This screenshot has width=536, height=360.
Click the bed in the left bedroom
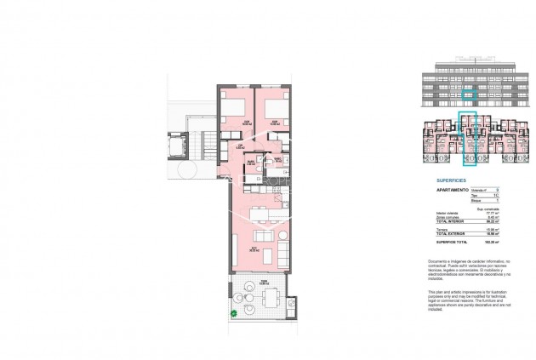[234, 109]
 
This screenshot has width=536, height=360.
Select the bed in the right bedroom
[271, 109]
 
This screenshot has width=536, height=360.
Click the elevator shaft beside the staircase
[178, 146]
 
